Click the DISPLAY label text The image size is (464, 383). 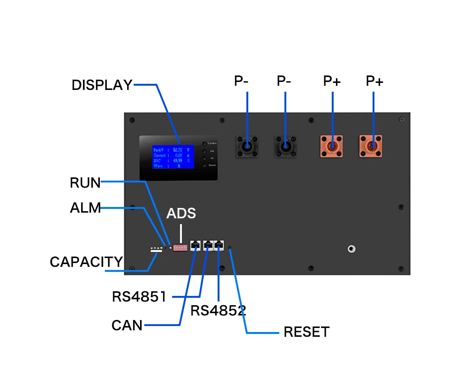pos(102,85)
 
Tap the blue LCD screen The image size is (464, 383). pos(173,157)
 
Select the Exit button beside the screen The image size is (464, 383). pos(204,151)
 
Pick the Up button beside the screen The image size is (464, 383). pos(204,158)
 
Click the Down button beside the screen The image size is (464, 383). pos(204,165)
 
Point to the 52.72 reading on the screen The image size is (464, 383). pos(178,150)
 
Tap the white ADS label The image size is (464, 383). pos(181,213)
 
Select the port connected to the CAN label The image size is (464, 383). pos(196,245)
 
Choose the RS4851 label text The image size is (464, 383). pos(139,297)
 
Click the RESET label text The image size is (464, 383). pos(306,332)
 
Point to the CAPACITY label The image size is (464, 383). pos(86,262)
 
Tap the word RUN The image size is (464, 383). pos(85,183)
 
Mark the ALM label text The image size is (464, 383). pos(85,208)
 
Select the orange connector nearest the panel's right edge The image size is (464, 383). pos(371,146)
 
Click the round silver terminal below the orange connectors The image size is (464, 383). pos(352,249)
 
